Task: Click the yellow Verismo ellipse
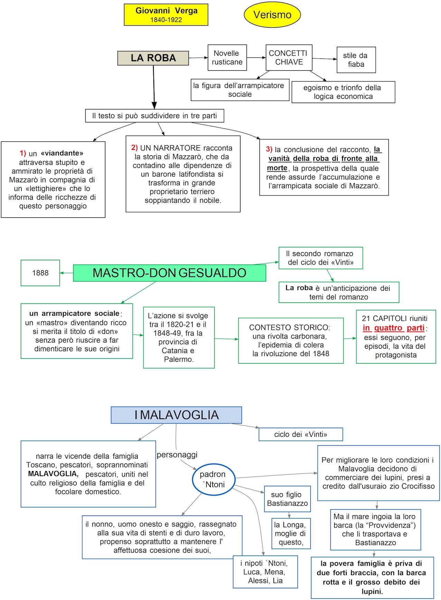coord(272,15)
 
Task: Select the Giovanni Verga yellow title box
coord(166,15)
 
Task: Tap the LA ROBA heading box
coord(153,58)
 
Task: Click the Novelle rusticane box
coord(227,58)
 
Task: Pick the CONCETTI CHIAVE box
coord(289,57)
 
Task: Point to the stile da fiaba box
coord(356,60)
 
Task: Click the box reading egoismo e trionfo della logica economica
coord(343,92)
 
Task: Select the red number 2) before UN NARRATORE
coord(134,148)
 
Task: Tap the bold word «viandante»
coord(62,153)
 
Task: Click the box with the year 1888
coord(40,273)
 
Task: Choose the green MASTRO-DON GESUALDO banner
coord(169,273)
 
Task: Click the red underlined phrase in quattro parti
coord(394,328)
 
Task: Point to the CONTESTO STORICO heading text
coord(290,327)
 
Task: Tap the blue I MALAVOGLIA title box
coord(176,415)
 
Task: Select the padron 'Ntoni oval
coord(214,479)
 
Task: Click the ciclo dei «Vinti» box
coord(300,434)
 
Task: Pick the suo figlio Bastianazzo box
coord(287,499)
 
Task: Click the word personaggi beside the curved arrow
coord(177,455)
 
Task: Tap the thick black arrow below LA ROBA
coord(154,90)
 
